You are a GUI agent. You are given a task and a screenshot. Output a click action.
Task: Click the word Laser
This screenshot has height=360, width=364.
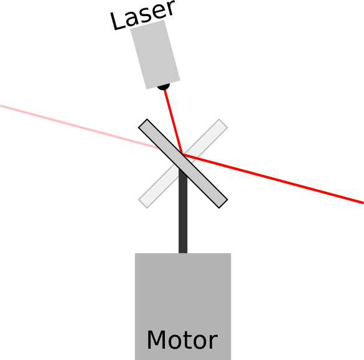pyautogui.click(x=142, y=15)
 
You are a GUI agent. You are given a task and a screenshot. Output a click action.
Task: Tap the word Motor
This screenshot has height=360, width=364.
pyautogui.click(x=182, y=340)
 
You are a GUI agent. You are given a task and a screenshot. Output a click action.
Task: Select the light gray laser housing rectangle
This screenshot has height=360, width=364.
pyautogui.click(x=155, y=55)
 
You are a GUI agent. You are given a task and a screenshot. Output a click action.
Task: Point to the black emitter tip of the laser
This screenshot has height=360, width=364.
pyautogui.click(x=164, y=87)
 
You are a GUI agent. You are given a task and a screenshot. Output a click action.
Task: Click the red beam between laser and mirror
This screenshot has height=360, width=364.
pyautogui.click(x=173, y=122)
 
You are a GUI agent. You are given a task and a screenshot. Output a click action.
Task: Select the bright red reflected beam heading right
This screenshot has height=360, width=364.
pyautogui.click(x=273, y=178)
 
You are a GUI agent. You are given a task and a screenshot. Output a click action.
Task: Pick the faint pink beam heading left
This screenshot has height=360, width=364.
pyautogui.click(x=80, y=127)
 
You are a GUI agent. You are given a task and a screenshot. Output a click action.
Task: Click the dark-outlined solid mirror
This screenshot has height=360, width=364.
pyautogui.click(x=183, y=164)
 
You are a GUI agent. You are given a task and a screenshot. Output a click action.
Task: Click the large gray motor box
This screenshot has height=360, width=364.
pyautogui.click(x=183, y=307)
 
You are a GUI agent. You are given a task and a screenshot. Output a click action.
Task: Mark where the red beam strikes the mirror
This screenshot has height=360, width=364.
pyautogui.click(x=183, y=154)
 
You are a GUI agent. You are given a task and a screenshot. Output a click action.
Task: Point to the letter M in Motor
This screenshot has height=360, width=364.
pyautogui.click(x=156, y=339)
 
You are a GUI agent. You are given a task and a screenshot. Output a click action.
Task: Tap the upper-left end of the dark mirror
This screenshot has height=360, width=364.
pyautogui.click(x=142, y=123)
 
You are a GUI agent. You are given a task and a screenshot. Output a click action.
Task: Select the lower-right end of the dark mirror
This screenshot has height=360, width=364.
pyautogui.click(x=223, y=204)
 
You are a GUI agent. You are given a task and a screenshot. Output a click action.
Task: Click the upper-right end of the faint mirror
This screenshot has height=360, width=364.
pyautogui.click(x=223, y=123)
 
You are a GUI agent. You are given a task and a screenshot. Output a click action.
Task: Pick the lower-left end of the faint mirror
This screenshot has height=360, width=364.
pyautogui.click(x=142, y=204)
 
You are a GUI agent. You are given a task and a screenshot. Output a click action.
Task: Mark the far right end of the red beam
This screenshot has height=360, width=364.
pyautogui.click(x=363, y=203)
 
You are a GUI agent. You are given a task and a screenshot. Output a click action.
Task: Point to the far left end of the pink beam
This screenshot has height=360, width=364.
pyautogui.click(x=1, y=106)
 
